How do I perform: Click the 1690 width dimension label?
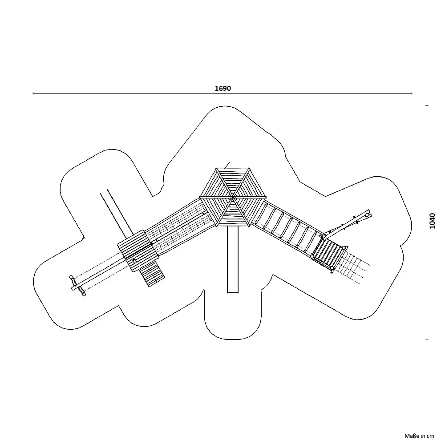coord(223,88)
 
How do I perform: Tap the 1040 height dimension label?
coord(432,221)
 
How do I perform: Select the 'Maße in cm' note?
coord(419,436)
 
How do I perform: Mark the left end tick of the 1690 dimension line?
coord(33,93)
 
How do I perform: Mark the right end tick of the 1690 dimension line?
coord(412,93)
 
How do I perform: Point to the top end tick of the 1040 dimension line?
coord(427,105)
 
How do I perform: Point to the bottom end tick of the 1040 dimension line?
coord(427,340)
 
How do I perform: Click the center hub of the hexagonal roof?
coord(233,197)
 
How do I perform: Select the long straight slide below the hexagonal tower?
coord(233,259)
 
